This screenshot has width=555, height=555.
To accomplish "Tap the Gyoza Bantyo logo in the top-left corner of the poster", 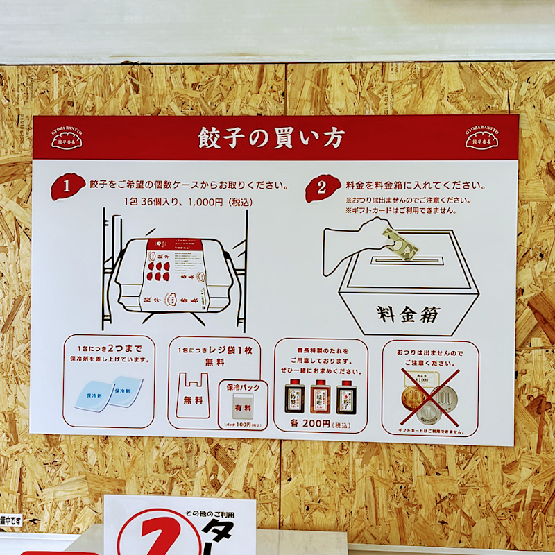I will (x=67, y=138).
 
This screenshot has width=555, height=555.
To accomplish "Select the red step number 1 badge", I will (x=67, y=187).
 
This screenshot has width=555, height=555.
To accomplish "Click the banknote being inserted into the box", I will (x=400, y=244).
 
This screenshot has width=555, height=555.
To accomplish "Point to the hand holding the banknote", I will (x=357, y=243).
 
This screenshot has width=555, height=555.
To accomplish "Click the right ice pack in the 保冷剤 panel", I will (x=126, y=388).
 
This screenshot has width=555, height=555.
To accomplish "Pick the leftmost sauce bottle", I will (x=295, y=396).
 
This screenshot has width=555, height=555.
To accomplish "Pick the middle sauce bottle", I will (x=320, y=396).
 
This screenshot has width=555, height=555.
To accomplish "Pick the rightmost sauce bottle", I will (x=345, y=396).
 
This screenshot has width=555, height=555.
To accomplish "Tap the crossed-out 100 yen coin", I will (x=444, y=400).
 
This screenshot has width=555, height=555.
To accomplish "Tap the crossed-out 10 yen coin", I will (x=414, y=400).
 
